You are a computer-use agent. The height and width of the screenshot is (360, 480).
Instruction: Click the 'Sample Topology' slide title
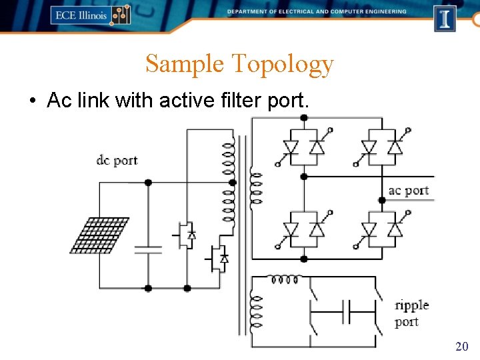click(x=239, y=64)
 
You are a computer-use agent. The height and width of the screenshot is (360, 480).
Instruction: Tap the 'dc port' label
click(x=117, y=160)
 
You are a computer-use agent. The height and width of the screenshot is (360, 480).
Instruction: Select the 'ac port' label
click(x=408, y=191)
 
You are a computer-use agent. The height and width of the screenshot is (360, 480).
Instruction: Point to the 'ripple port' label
click(x=411, y=313)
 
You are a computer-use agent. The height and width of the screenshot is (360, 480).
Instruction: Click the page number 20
click(x=461, y=346)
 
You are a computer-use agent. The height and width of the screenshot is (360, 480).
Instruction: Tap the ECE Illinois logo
click(x=90, y=15)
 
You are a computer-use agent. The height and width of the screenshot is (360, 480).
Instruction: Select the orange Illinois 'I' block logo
click(x=445, y=18)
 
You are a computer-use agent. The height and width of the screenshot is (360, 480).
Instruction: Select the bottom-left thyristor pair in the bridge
click(x=304, y=229)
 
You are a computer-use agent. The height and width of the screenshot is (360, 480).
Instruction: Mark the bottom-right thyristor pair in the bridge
click(x=381, y=229)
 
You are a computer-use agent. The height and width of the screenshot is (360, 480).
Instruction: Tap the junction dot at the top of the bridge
click(x=304, y=118)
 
